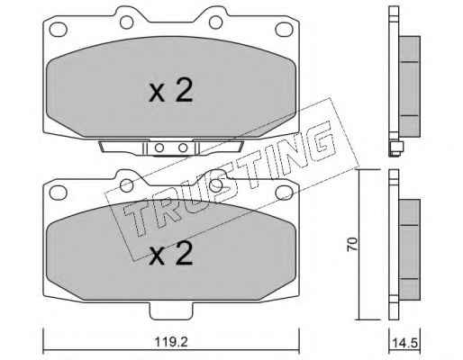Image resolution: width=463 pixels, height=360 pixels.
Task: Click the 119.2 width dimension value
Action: (x=171, y=341)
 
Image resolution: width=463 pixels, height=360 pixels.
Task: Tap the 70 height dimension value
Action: (x=352, y=244)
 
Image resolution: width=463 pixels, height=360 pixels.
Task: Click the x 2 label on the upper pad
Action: (x=171, y=91)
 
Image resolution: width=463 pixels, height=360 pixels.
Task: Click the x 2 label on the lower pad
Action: (x=171, y=254)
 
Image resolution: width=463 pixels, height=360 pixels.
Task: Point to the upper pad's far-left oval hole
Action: (x=58, y=30)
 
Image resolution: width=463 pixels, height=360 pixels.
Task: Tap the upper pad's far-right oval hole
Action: (x=284, y=30)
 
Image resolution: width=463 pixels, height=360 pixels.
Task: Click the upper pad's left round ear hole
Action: (x=126, y=22)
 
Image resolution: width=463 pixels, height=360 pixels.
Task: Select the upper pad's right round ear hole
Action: (x=215, y=22)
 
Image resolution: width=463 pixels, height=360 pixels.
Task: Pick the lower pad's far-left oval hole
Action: (x=58, y=193)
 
